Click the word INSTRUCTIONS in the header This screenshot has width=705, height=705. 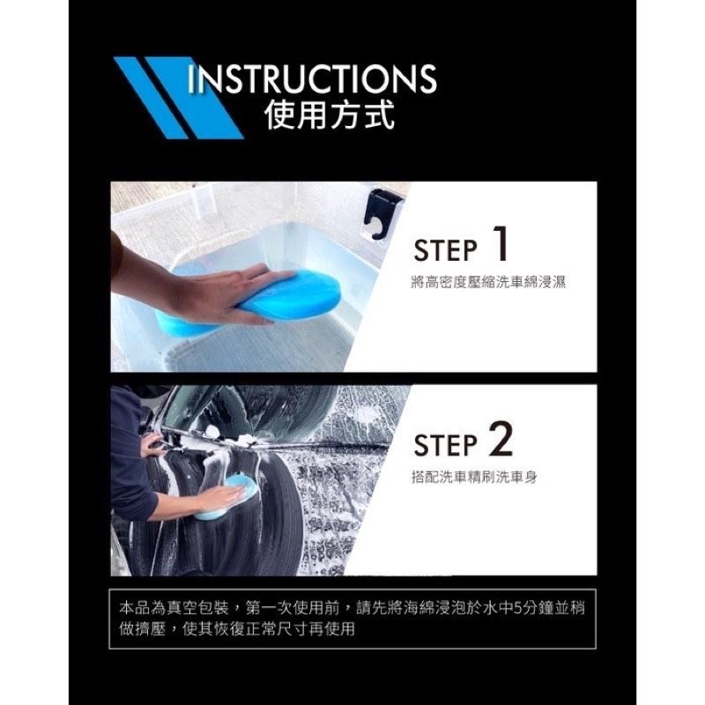[x=312, y=79]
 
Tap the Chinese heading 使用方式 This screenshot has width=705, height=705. [x=330, y=115]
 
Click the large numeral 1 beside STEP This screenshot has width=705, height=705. [x=499, y=243]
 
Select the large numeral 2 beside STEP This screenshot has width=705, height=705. [x=501, y=438]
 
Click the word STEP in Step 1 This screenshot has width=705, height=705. [x=445, y=250]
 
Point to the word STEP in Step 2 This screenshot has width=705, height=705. [x=445, y=445]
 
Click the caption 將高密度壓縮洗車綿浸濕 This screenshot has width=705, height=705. [x=488, y=282]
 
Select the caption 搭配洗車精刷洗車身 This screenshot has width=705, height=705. [x=474, y=477]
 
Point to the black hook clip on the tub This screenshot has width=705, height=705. [x=382, y=214]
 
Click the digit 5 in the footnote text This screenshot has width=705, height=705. [x=517, y=609]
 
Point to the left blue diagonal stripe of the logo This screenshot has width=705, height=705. [x=151, y=97]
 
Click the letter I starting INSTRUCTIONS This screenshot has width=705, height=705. [x=190, y=79]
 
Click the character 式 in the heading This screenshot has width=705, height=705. [x=381, y=115]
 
